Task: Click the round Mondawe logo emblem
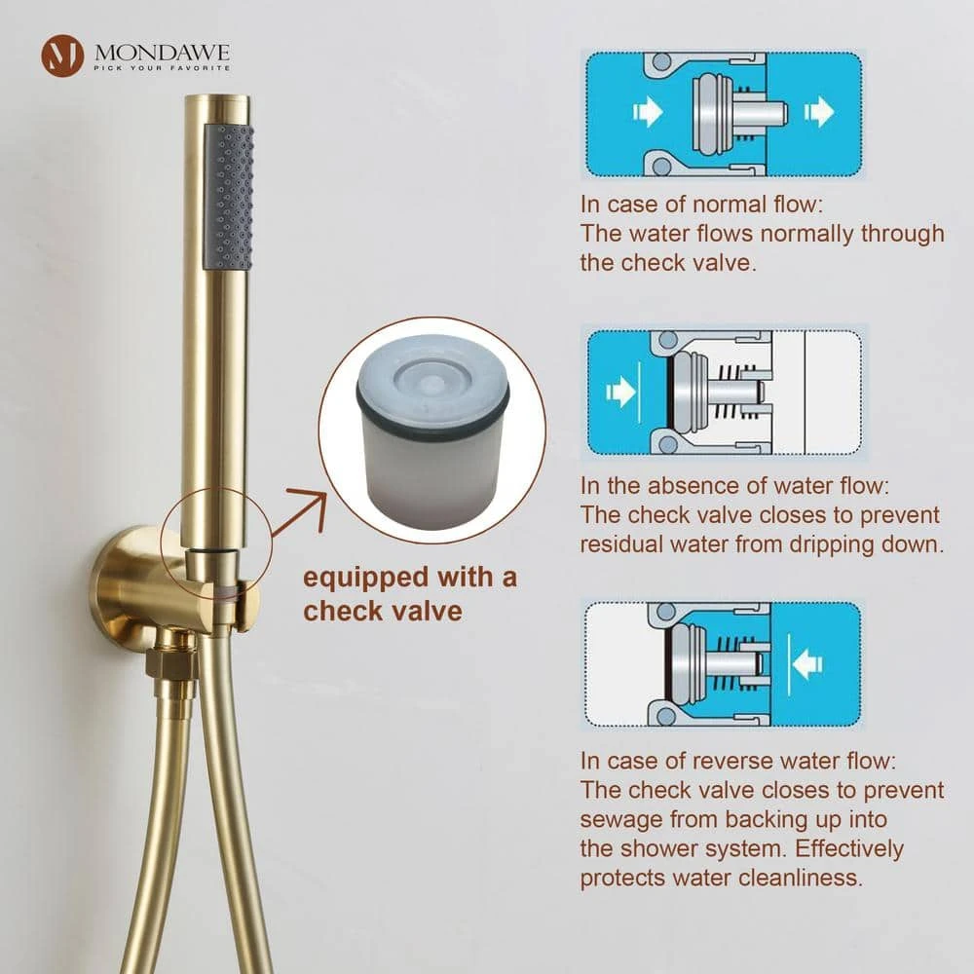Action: pos(62,56)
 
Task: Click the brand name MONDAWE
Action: pos(162,52)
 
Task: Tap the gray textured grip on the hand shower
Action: pos(229,197)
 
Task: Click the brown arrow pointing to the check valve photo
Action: pos(301,511)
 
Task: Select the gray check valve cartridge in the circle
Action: pos(433,429)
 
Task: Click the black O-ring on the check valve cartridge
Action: pos(433,407)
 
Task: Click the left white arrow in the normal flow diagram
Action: pos(648,112)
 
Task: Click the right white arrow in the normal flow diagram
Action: pos(819,112)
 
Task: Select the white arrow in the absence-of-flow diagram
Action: pos(619,392)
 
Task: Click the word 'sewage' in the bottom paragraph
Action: pos(621,820)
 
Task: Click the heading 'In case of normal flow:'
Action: pos(701,204)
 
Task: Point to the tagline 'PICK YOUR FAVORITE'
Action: pos(162,68)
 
